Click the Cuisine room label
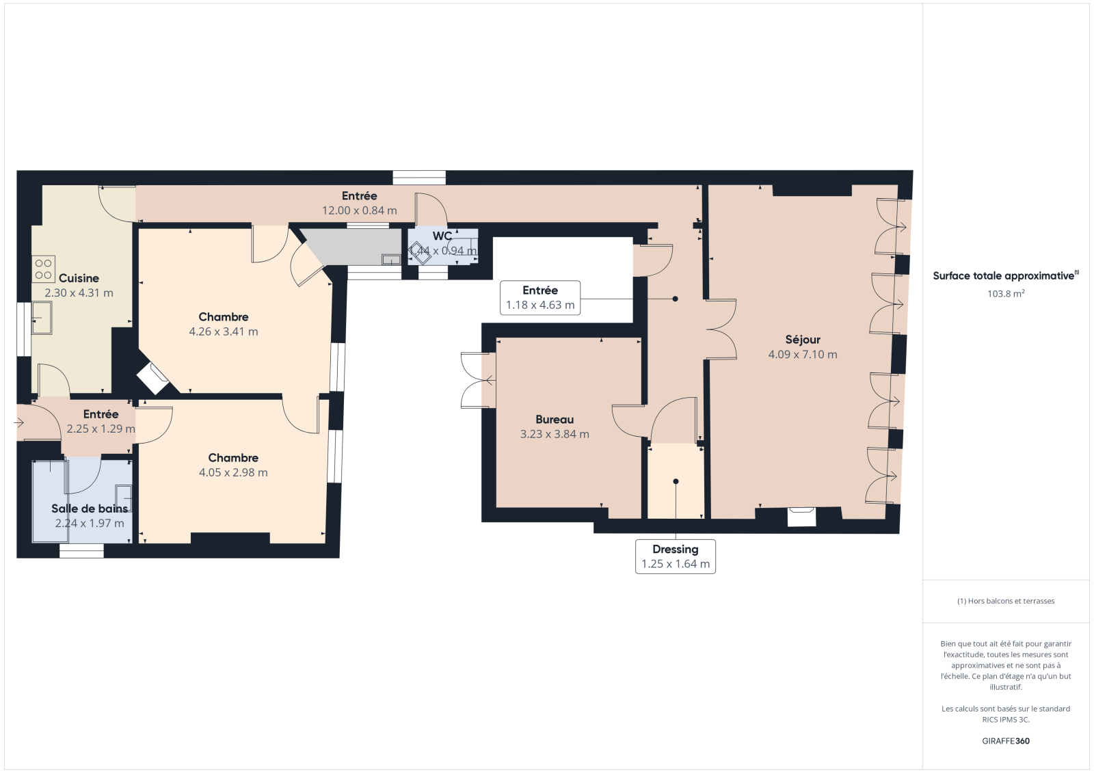[79, 278]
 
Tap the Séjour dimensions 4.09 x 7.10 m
[803, 354]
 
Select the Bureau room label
[555, 419]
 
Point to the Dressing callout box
[676, 556]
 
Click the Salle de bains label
[90, 508]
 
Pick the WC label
[442, 236]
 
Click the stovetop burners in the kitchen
[44, 269]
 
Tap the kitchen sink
[42, 318]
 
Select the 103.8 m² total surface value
[1006, 293]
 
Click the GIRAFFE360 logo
[1006, 741]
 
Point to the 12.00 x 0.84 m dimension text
[359, 211]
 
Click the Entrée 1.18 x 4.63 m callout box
[540, 298]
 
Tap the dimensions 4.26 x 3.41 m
[223, 331]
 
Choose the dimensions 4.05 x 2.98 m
[233, 472]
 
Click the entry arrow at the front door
[20, 423]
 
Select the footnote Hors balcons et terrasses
[1006, 601]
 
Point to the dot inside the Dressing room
[676, 481]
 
